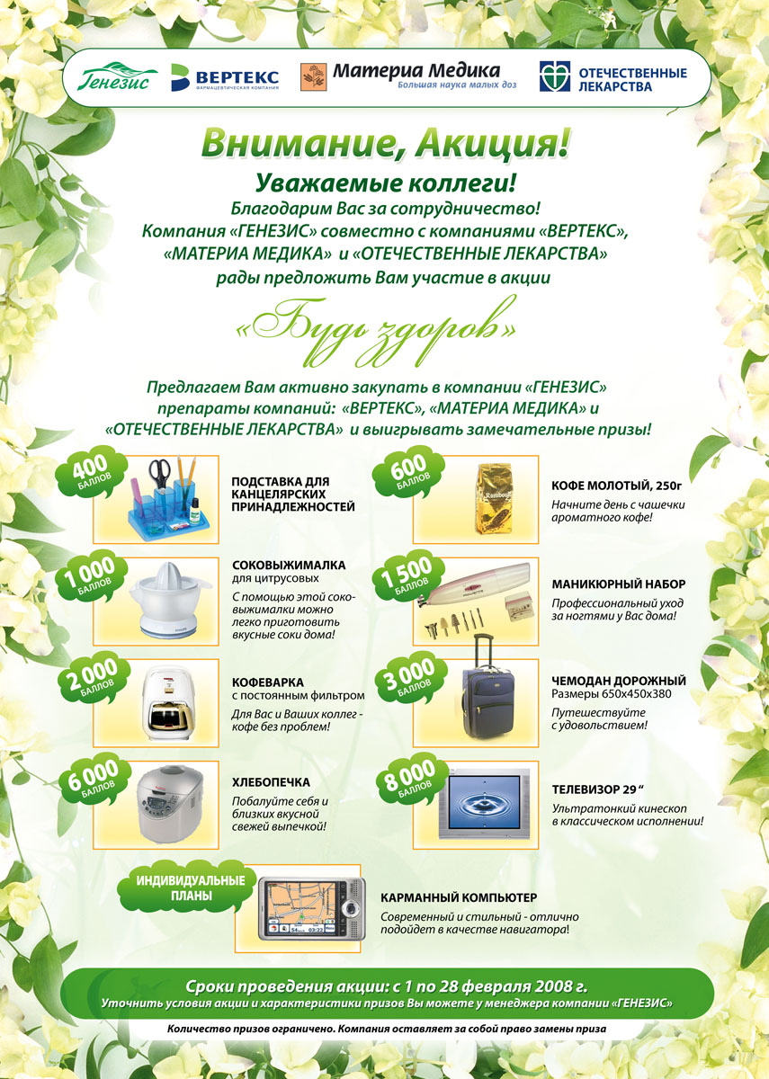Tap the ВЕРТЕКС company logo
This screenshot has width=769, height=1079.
click(x=225, y=77)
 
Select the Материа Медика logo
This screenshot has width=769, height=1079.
click(x=400, y=76)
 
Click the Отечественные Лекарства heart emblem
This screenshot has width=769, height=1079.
click(x=554, y=77)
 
